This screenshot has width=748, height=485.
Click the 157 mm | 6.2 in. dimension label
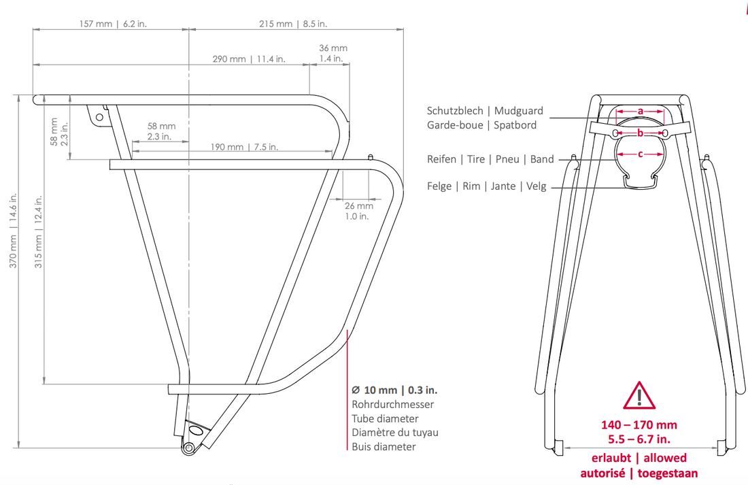click(x=113, y=23)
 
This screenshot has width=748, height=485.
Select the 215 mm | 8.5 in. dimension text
click(x=293, y=23)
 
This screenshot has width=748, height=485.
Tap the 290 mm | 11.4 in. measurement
click(x=249, y=58)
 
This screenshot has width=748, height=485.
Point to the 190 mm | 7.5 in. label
click(x=244, y=146)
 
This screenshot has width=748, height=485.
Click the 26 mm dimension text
click(x=359, y=205)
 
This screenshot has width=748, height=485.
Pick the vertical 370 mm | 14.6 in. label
click(x=14, y=230)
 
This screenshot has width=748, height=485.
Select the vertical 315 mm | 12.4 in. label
click(x=38, y=231)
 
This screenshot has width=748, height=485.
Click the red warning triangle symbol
click(x=639, y=395)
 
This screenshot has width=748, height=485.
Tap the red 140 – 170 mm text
click(x=639, y=424)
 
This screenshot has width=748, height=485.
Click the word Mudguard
click(x=519, y=111)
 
